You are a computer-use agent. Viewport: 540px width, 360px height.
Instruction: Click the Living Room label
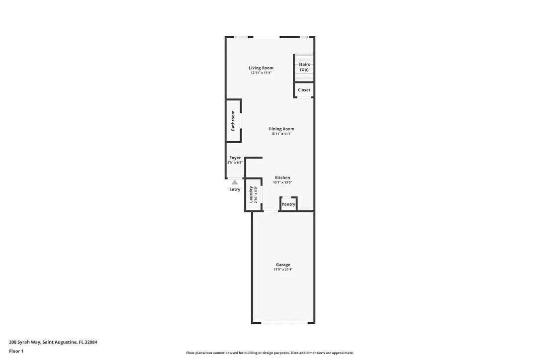point(261,68)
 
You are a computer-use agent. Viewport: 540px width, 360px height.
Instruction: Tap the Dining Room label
point(281,129)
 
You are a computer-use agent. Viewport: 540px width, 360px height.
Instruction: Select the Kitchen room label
point(282,178)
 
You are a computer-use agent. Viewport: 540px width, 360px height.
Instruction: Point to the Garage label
point(283,265)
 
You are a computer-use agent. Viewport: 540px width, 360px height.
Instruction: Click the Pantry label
point(288,204)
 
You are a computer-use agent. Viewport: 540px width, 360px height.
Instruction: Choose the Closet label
point(304,90)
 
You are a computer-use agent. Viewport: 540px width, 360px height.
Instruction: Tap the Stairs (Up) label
point(304,67)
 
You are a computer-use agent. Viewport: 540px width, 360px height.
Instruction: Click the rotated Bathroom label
point(233,120)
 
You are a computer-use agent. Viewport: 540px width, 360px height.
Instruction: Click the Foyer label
point(235,158)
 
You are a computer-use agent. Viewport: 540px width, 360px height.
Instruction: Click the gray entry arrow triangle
point(235,182)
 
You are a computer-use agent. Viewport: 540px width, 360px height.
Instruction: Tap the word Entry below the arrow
point(235,189)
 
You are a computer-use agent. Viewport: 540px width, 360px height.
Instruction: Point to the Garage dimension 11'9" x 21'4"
point(283,270)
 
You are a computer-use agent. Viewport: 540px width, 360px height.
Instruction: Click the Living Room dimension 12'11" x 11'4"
point(261,73)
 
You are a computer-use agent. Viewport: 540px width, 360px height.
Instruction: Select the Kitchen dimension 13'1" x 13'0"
point(282,182)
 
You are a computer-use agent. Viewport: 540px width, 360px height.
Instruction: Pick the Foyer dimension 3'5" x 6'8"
point(235,162)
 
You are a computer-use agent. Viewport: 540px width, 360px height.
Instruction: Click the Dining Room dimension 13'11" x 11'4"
point(281,134)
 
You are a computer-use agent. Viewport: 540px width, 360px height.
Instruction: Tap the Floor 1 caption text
point(16,352)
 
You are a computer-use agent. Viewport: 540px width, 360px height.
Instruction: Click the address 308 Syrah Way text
point(25,342)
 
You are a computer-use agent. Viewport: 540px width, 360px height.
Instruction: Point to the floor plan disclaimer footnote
point(270,353)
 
